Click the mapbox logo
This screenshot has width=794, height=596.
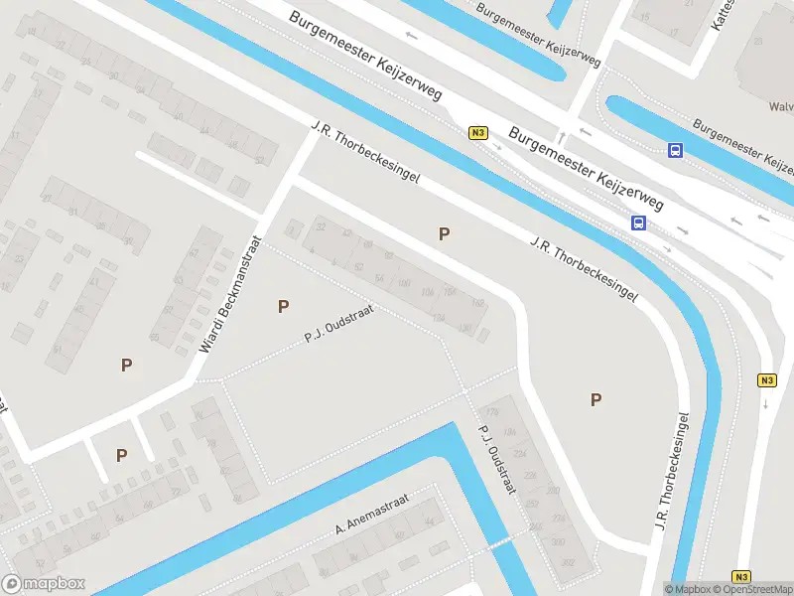point(44,583)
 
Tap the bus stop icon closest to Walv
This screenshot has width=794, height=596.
point(675,151)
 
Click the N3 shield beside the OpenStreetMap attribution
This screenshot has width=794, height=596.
point(741,576)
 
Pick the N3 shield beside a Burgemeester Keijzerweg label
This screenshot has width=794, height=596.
point(478,132)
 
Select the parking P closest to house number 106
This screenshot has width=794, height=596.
point(445,233)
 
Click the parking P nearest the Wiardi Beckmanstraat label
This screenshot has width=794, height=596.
point(284,306)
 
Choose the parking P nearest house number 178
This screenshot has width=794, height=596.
point(595,399)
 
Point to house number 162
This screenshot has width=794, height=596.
point(477,303)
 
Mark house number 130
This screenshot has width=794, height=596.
point(465,328)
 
